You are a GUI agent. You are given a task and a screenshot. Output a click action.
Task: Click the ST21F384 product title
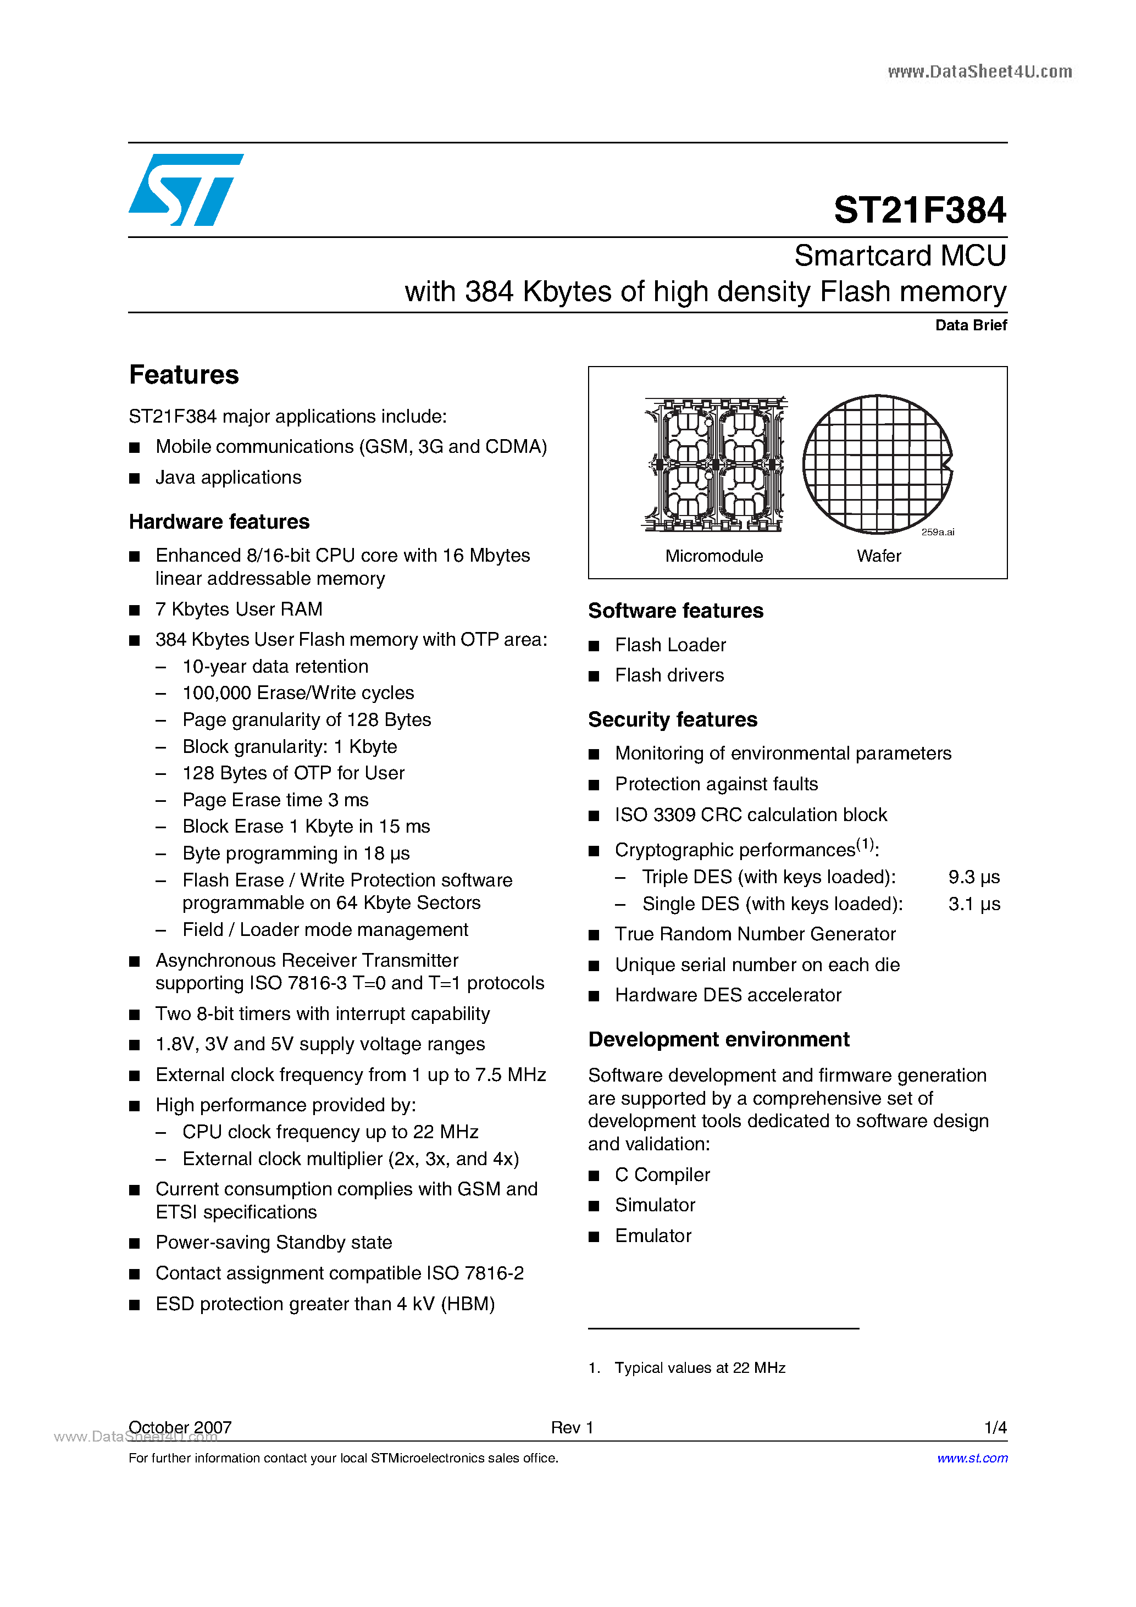919,210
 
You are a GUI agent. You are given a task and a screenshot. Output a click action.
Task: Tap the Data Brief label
970,325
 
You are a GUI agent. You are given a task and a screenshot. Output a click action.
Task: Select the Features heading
184,375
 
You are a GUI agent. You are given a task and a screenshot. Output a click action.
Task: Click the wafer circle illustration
877,464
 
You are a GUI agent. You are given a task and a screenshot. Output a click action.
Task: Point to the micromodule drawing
714,464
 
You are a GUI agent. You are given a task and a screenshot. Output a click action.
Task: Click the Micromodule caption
714,556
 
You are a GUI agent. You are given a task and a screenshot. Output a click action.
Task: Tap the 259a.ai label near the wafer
937,532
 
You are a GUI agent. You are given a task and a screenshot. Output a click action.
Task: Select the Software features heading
675,611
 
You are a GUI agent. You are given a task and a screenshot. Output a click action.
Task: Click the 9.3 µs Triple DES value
974,877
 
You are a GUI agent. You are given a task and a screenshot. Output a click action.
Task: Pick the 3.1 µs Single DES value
974,904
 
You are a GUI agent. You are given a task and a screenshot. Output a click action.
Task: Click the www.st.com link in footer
972,1458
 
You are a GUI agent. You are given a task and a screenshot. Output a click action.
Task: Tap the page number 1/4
995,1427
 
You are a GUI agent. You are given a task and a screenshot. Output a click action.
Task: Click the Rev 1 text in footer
572,1427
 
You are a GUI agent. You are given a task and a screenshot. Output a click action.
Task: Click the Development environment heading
719,1039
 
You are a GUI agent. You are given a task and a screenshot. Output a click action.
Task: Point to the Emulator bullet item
653,1235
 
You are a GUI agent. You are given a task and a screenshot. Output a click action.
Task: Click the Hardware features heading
219,522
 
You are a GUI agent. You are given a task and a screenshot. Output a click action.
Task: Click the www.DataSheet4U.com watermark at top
979,71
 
